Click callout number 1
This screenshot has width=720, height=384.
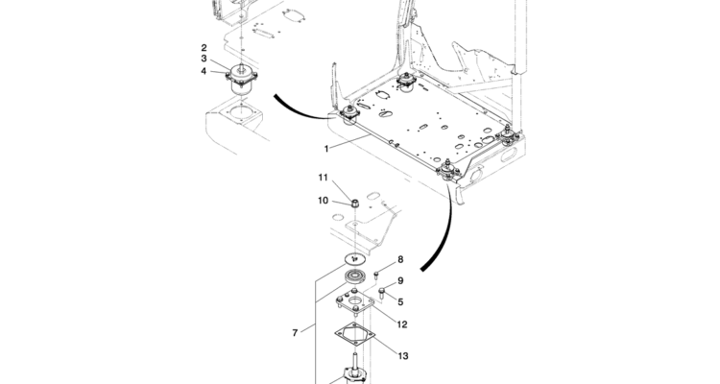pos(326,149)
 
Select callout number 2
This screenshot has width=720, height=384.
pos(204,47)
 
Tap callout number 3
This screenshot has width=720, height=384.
pos(204,59)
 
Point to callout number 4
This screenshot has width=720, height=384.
pos(204,71)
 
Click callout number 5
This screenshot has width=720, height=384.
pos(400,301)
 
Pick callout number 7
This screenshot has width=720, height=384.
pos(296,332)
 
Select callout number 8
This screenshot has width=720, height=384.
pos(400,259)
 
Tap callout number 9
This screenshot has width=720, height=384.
pos(400,280)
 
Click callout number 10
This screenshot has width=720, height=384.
pos(324,201)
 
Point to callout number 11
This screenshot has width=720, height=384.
pos(324,178)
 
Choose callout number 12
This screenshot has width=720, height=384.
pos(402,324)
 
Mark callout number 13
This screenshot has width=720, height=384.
pos(403,356)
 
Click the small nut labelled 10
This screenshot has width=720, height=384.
pos(354,203)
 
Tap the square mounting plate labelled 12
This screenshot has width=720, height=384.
pos(354,302)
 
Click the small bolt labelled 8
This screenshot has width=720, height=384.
pos(376,276)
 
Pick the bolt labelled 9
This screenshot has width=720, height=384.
pos(381,292)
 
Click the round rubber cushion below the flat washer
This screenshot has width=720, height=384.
pos(355,277)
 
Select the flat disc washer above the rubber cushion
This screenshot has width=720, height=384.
pos(354,259)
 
